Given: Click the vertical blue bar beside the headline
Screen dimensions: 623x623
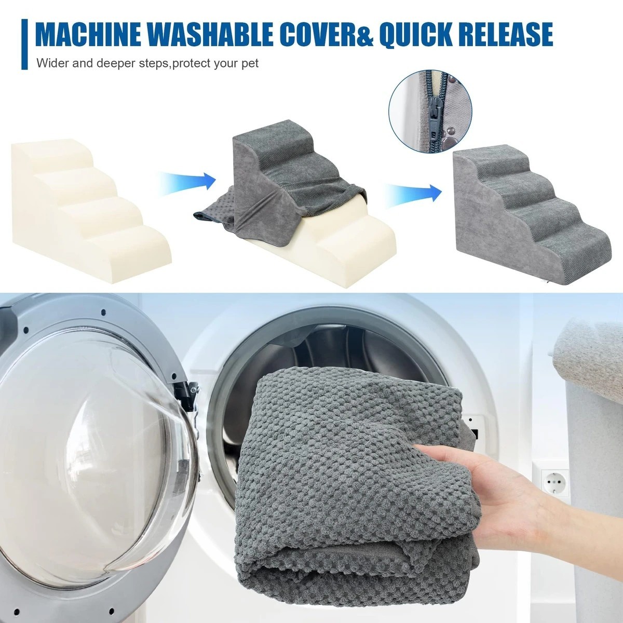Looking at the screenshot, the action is (x=24, y=44).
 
